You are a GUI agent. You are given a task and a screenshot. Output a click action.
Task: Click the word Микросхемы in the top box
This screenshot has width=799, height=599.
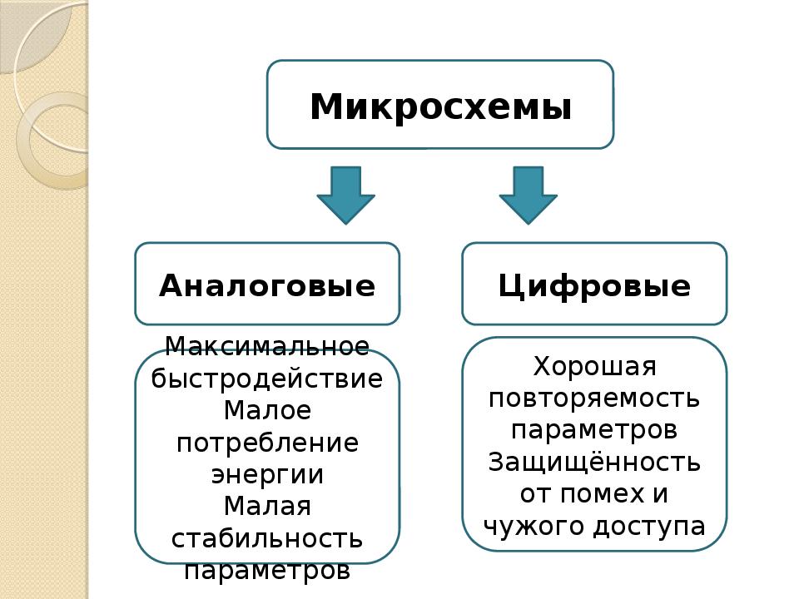tap(440, 107)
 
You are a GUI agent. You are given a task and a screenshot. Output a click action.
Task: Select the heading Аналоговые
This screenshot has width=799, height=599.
tap(266, 286)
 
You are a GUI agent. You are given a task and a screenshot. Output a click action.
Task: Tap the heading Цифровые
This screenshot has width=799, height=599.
tap(594, 286)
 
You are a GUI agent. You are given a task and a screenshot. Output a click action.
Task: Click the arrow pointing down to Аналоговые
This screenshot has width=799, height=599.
tap(345, 195)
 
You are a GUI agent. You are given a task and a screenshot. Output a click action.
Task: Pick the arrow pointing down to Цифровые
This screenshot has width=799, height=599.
tap(528, 195)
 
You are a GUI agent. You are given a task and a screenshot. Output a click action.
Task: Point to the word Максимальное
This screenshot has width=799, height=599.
tap(266, 346)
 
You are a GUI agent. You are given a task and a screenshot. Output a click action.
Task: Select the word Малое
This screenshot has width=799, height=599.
tap(266, 411)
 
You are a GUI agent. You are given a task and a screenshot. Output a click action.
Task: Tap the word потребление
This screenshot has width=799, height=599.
tap(266, 443)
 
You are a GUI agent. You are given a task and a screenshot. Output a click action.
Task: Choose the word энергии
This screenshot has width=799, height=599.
tap(266, 475)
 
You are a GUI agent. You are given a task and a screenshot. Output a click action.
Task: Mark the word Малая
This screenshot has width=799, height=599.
tap(266, 506)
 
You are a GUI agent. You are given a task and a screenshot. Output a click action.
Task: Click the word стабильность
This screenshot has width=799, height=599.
tap(266, 538)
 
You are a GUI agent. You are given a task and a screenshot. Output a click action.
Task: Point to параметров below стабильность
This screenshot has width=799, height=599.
tap(266, 571)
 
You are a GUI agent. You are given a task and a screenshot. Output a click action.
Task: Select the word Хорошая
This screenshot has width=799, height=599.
tap(594, 367)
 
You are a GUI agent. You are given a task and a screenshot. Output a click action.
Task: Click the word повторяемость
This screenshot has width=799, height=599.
tap(594, 399)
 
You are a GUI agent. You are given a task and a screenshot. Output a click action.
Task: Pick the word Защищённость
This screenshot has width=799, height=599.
tap(594, 462)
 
